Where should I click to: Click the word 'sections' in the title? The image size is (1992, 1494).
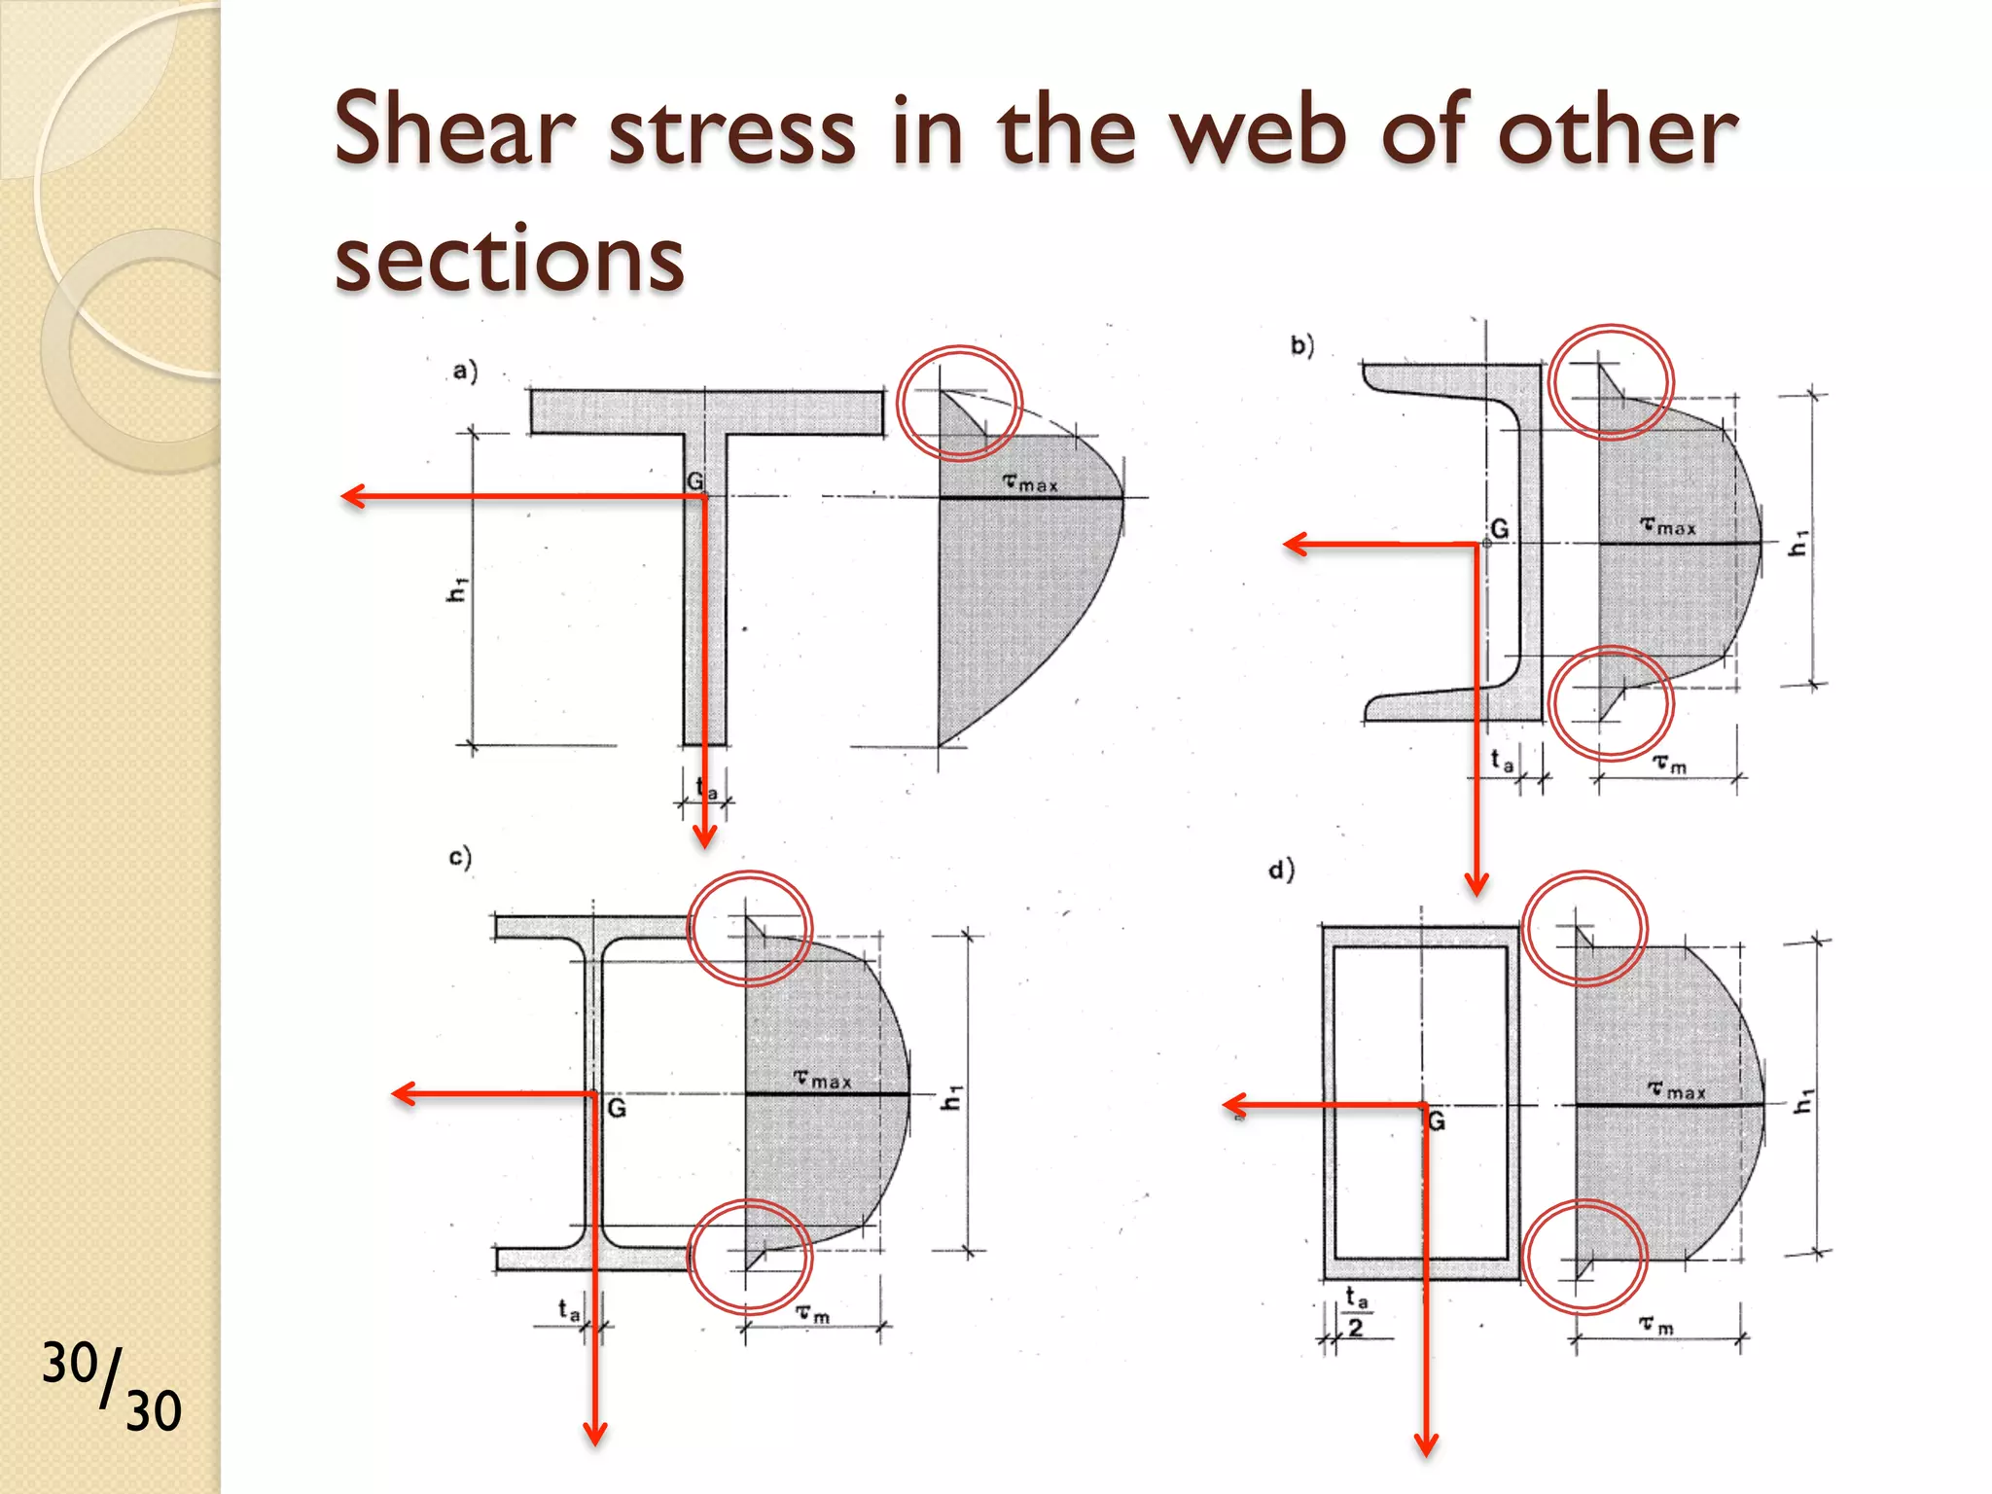pos(509,258)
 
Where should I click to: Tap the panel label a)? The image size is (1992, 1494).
pos(465,371)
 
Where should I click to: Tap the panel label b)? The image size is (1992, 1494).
pos(1302,345)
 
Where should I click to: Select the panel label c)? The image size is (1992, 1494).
pos(460,857)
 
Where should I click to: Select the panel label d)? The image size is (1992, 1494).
pos(1281,869)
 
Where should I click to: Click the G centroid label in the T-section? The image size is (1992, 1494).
pos(694,481)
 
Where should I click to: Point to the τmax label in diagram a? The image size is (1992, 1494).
pos(1030,482)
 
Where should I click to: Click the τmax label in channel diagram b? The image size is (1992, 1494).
pos(1668,526)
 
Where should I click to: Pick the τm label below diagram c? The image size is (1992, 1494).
pos(813,1314)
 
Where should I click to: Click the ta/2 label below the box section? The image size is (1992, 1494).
pos(1356,1312)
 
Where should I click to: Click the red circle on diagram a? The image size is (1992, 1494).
pos(959,402)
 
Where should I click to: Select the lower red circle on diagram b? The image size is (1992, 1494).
pos(1611,703)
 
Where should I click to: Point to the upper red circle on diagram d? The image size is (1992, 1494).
pos(1584,929)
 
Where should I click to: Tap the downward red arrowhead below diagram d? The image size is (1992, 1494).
pos(1426,1444)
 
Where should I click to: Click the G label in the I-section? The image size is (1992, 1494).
pos(617,1109)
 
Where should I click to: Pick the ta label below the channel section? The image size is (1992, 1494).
pos(1502,760)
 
